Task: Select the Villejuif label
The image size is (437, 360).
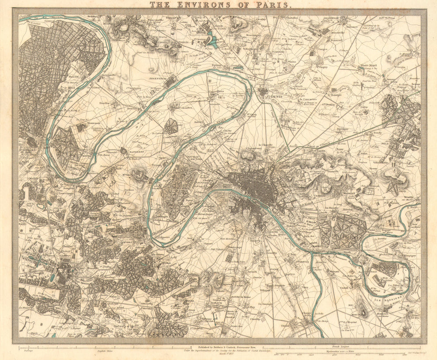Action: point(266,289)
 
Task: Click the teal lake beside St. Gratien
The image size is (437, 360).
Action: point(212,40)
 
